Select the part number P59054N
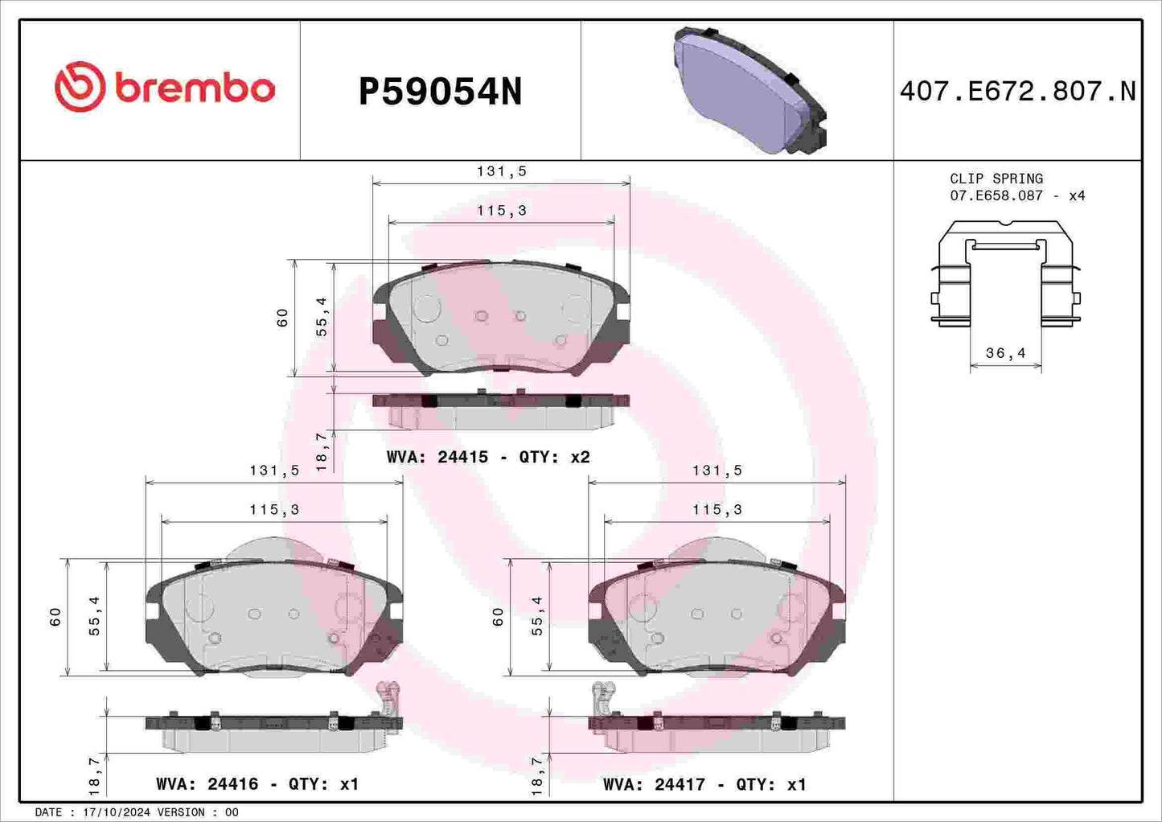click(440, 92)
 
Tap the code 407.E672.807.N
click(1017, 91)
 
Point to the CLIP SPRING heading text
click(996, 179)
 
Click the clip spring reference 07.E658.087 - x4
click(1016, 195)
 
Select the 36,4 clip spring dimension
click(1005, 353)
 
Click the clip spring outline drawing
click(1005, 273)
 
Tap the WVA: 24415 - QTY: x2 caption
click(488, 457)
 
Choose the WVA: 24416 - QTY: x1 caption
click(257, 784)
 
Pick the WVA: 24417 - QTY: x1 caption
click(704, 784)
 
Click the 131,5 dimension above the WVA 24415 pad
click(501, 171)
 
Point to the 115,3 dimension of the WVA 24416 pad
click(274, 509)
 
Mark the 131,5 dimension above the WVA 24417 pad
click(717, 471)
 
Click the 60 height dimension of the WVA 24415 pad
click(282, 318)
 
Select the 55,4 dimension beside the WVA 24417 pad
click(537, 616)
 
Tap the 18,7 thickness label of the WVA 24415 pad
click(322, 451)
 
